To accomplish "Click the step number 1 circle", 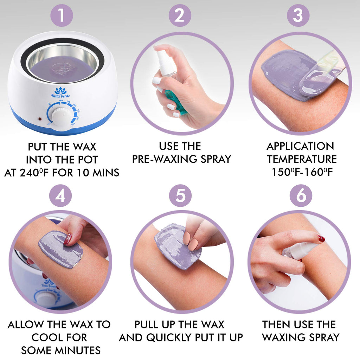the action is (x=62, y=15).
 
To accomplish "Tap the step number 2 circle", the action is (x=180, y=15).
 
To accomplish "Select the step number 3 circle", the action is (x=298, y=15).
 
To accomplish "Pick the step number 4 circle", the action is (x=60, y=195).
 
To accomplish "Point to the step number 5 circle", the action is (x=180, y=195).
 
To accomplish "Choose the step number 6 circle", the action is (x=301, y=195).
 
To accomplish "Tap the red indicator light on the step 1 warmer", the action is (x=40, y=119).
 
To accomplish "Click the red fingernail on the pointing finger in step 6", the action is (x=321, y=239).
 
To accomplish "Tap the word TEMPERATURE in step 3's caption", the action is (x=302, y=159).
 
